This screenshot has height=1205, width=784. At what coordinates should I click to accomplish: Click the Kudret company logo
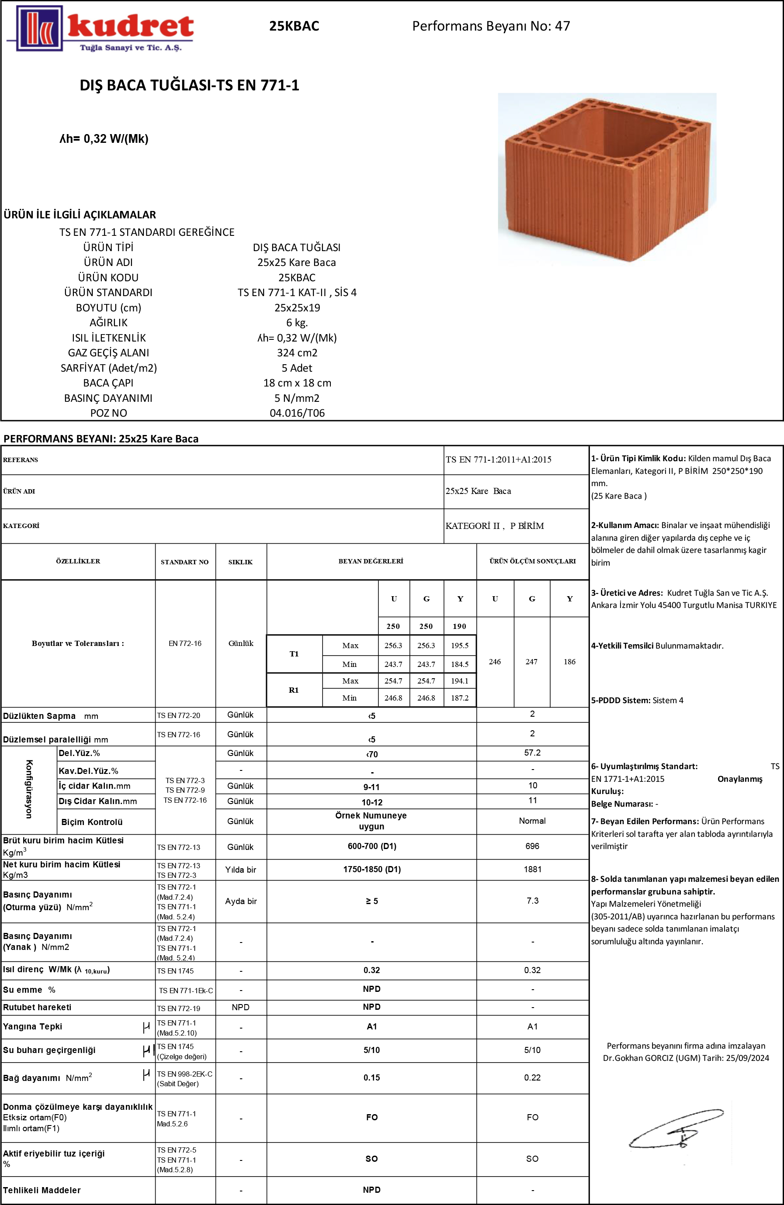coord(100,28)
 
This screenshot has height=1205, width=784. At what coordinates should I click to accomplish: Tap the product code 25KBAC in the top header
coord(294,26)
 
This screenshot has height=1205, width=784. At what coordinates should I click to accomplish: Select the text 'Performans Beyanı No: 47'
coord(491,26)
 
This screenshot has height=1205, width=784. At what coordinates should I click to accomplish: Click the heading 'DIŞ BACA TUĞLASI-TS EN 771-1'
coord(189,85)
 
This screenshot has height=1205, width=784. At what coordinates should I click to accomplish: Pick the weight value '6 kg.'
coord(297,322)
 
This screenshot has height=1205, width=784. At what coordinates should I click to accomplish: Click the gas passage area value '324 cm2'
coord(297,353)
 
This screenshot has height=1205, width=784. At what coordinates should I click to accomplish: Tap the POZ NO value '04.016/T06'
coord(297,413)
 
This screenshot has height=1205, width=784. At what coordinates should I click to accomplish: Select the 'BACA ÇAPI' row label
coord(108,383)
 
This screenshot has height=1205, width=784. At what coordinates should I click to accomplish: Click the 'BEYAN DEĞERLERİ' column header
coord(371,561)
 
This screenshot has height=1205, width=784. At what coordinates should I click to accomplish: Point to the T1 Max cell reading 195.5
coord(459,646)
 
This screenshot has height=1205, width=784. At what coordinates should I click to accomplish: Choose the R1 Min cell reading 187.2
coord(459,697)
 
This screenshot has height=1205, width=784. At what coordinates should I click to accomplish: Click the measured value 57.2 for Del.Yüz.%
coord(532,753)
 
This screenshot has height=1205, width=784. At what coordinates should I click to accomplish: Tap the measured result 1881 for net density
coord(532,869)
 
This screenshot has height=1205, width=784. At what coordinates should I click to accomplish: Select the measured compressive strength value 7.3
coord(532,901)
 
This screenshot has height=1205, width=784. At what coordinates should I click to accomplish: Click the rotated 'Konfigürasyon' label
coord(29,789)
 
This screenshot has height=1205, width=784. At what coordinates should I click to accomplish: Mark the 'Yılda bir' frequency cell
coord(240,870)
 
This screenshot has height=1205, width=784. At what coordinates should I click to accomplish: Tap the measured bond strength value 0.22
coord(532,1077)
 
